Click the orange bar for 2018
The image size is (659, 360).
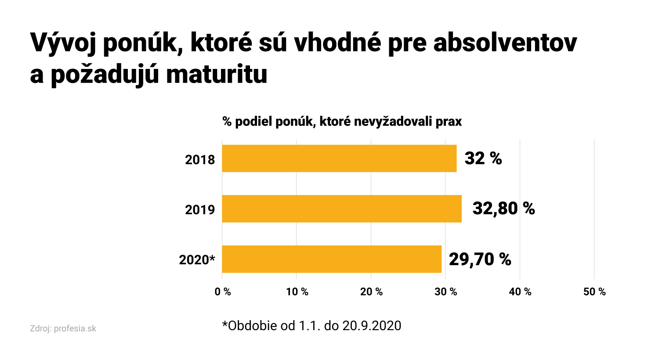click(x=339, y=158)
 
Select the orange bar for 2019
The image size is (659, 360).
click(x=342, y=209)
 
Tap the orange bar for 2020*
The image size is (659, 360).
click(x=332, y=259)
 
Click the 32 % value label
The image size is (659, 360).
click(x=483, y=158)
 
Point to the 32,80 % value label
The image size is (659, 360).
click(x=503, y=209)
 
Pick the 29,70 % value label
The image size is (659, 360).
click(x=480, y=259)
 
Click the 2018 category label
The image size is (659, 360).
click(x=200, y=160)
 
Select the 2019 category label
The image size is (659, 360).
click(x=200, y=210)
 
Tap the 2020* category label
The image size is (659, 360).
click(x=197, y=260)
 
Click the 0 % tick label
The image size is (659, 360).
click(x=223, y=292)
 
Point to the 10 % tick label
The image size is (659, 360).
click(x=297, y=292)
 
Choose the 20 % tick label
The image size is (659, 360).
click(x=371, y=292)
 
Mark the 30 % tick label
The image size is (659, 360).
click(x=446, y=292)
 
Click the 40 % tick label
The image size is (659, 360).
click(x=520, y=292)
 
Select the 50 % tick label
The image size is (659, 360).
click(x=594, y=292)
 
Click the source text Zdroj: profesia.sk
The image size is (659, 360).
click(x=63, y=328)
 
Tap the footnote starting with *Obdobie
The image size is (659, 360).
click(x=311, y=326)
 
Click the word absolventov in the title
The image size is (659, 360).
click(x=505, y=43)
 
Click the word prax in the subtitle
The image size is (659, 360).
click(x=449, y=122)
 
